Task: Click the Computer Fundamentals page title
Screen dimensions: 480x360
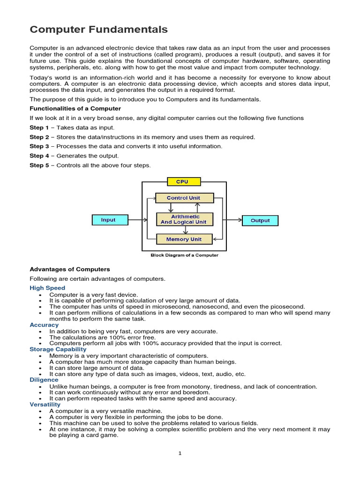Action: click(98, 30)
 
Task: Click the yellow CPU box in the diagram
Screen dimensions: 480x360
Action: click(184, 181)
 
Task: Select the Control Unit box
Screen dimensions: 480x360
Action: click(184, 198)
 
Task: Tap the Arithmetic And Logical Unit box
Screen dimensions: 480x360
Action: click(184, 219)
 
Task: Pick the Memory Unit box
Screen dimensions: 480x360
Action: click(184, 239)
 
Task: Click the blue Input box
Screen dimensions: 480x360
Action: click(108, 220)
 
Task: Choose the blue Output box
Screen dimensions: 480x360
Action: click(260, 220)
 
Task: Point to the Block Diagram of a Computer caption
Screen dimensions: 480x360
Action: click(184, 255)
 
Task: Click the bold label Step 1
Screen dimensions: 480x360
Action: click(39, 127)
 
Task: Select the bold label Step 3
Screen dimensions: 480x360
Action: click(39, 146)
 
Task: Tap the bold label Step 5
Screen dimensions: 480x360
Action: click(39, 165)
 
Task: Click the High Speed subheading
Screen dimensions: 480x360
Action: click(47, 288)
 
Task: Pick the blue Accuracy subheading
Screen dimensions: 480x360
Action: click(44, 325)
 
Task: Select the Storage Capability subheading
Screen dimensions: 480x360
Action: click(58, 349)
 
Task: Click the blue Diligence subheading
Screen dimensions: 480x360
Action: click(44, 380)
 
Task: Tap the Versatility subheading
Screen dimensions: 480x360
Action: click(45, 405)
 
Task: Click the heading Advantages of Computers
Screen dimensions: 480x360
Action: click(70, 269)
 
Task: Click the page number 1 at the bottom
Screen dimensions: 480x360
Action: click(180, 453)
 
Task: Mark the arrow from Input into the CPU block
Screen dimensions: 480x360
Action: click(135, 220)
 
